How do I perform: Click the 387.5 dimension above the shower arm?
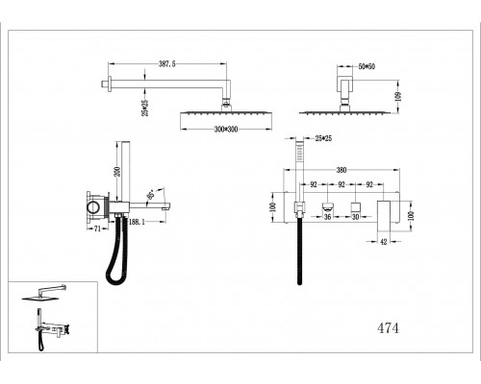tap(167, 64)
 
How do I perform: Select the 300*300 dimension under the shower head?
tap(226, 130)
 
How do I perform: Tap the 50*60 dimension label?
tap(367, 66)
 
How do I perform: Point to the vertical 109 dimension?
tap(398, 97)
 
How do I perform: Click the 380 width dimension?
tap(342, 170)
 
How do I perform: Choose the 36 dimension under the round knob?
tap(327, 217)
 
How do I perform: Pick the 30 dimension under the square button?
tap(355, 217)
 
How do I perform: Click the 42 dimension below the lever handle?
tap(384, 242)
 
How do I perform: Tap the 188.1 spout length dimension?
tap(137, 222)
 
